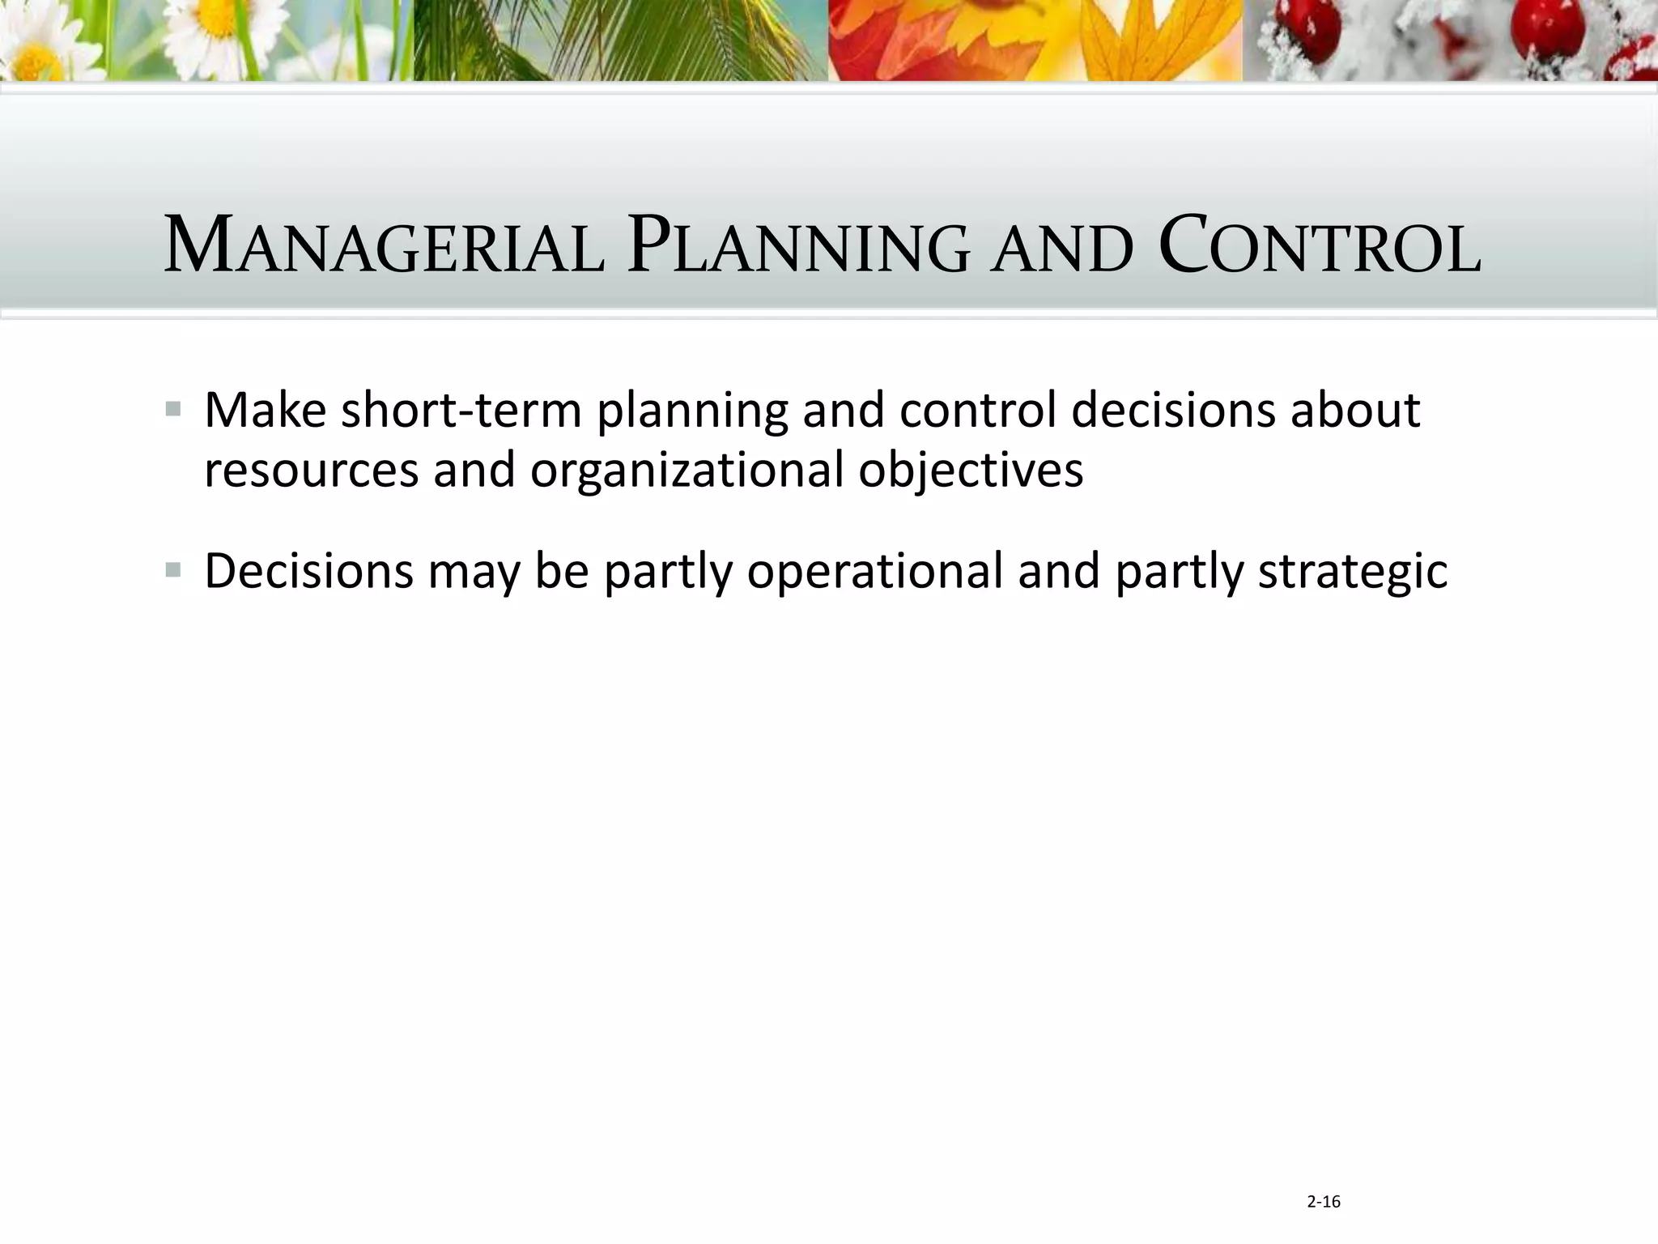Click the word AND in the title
(x=1063, y=249)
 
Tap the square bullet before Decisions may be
(x=173, y=570)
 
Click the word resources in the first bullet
(x=311, y=470)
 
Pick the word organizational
(x=687, y=470)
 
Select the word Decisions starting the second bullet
(x=308, y=570)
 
